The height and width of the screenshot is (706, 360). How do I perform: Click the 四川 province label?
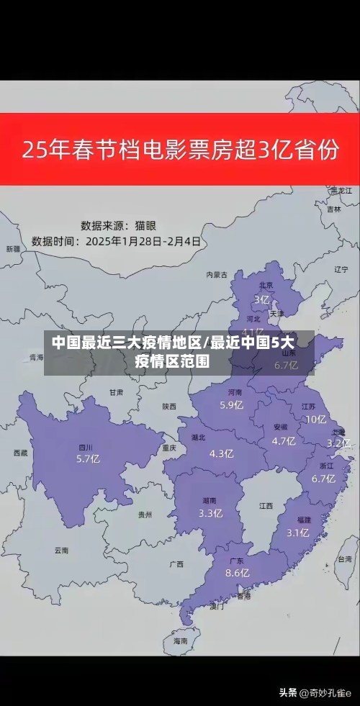(85, 447)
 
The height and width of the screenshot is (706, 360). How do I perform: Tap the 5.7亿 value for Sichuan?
(88, 458)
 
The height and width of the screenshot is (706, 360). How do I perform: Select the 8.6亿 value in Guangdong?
(237, 573)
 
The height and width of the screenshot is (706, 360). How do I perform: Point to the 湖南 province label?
(210, 501)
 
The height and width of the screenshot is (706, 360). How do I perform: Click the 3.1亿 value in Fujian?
(297, 533)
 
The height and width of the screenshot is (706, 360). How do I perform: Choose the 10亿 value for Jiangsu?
(315, 419)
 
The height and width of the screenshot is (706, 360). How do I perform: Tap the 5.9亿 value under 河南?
(231, 404)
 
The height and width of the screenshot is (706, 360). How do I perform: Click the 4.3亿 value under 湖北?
(221, 453)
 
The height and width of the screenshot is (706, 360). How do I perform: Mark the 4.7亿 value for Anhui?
(284, 441)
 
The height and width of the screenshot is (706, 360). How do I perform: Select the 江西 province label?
(266, 506)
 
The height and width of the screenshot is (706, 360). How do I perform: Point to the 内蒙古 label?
(216, 274)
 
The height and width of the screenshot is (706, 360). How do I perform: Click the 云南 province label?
(61, 550)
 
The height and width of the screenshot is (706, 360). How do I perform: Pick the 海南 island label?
(180, 640)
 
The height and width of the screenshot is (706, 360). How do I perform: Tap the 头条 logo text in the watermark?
(288, 692)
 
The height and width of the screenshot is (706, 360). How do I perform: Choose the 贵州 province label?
(145, 515)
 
